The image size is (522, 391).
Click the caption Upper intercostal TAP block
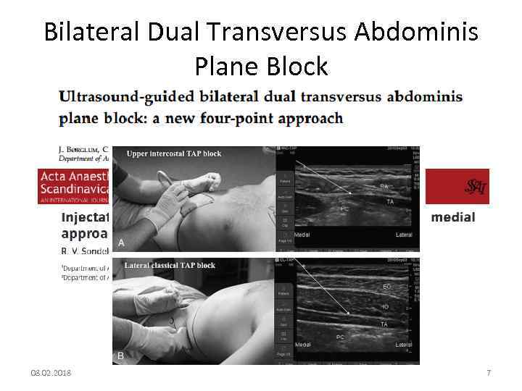[x=174, y=154]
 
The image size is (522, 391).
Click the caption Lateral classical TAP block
[x=170, y=265]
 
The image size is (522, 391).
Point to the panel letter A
[x=121, y=243]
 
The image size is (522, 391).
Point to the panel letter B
[x=121, y=356]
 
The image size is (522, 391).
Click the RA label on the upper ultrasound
[x=384, y=186]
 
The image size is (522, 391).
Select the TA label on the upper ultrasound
[x=390, y=201]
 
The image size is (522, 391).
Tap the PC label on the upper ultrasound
[x=345, y=209]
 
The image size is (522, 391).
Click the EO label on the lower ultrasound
[x=387, y=288]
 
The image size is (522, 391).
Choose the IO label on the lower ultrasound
[x=386, y=307]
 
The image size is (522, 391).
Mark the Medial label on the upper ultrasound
[x=302, y=235]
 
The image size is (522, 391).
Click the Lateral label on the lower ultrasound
[x=403, y=345]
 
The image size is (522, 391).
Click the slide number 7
[x=488, y=373]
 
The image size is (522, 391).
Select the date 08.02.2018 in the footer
[x=51, y=373]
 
